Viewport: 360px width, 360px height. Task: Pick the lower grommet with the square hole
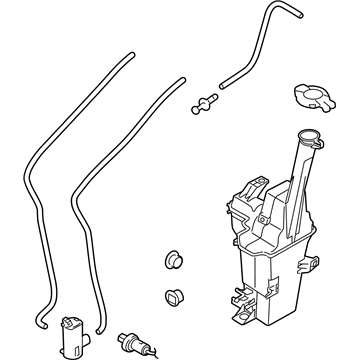171,297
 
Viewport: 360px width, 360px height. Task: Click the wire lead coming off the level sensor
146,351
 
